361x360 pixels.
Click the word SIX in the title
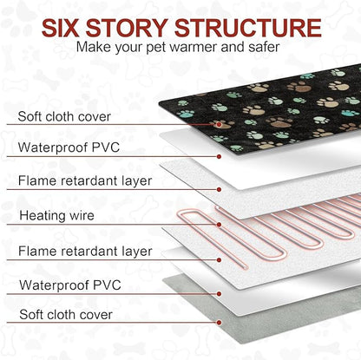click(x=60, y=28)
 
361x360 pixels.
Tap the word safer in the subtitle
click(x=264, y=47)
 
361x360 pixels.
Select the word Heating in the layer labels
click(x=43, y=216)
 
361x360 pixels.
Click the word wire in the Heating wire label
click(x=82, y=215)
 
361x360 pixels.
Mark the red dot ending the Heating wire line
click(x=219, y=225)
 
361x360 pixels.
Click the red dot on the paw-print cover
click(x=219, y=124)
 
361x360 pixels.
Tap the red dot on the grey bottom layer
click(x=219, y=323)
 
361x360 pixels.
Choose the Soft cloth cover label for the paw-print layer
click(x=64, y=116)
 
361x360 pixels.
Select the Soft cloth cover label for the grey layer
click(x=66, y=314)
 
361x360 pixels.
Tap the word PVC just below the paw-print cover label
click(x=105, y=147)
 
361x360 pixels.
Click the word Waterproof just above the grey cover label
click(x=54, y=285)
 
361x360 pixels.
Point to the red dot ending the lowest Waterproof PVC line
click(x=219, y=294)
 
